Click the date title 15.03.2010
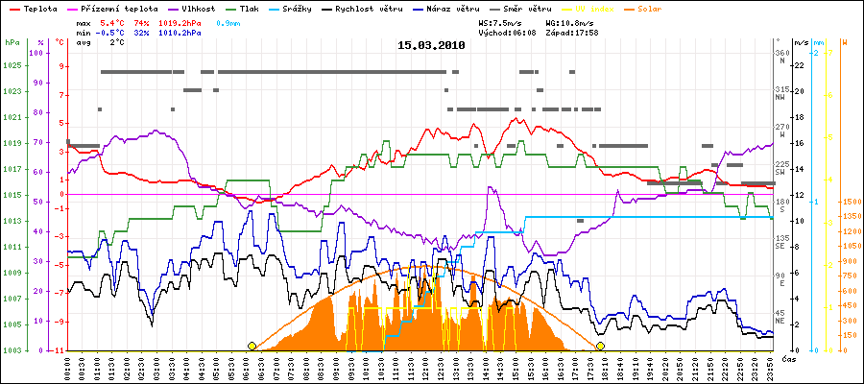coord(431,45)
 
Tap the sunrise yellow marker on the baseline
coord(252,346)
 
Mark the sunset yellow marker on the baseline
coord(601,346)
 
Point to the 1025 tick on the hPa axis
coord(12,65)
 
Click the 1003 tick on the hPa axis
coord(12,350)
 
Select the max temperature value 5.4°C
coord(113,20)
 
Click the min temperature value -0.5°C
coord(111,32)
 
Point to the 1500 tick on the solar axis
coord(851,203)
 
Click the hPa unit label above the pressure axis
coord(11,43)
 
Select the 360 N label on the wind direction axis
coord(783,57)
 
